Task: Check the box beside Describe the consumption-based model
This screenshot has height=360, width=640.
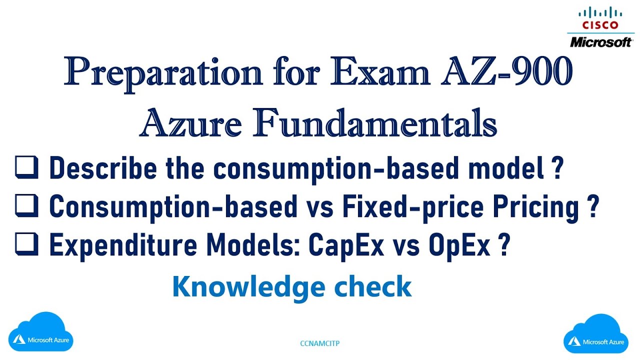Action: coord(27,168)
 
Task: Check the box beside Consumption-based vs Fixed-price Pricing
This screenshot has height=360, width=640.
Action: coord(27,207)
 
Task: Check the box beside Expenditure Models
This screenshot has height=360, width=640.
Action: coord(27,245)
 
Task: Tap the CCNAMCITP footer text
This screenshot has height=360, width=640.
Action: coord(320,343)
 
